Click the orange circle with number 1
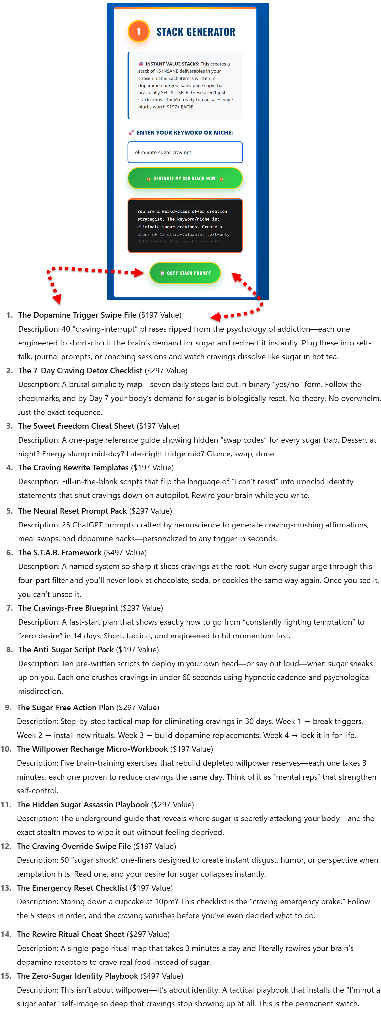(139, 32)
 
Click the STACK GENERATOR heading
(196, 32)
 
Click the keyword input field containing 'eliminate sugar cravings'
(185, 152)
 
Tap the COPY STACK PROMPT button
(185, 273)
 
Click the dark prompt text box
(185, 226)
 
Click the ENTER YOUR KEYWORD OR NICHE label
(184, 133)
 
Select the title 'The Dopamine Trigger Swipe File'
(77, 315)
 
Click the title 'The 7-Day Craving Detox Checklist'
(80, 370)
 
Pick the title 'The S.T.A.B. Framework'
(60, 553)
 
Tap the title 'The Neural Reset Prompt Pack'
(72, 511)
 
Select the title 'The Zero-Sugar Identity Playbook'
(77, 976)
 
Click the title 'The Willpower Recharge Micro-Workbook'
(92, 749)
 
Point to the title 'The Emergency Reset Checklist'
(72, 888)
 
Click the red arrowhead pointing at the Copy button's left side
(139, 272)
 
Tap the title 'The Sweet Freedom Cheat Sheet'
(76, 426)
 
